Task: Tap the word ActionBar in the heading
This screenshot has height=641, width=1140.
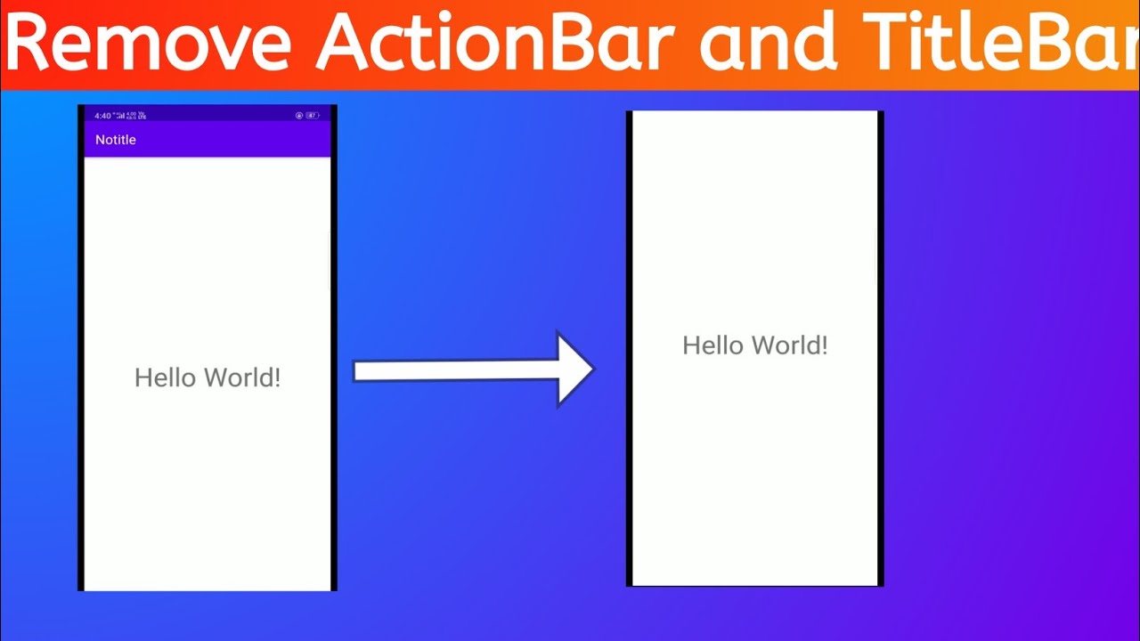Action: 489,42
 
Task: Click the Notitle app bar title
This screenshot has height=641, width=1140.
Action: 116,140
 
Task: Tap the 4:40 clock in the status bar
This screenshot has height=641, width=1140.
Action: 102,116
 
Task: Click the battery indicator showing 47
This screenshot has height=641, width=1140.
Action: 313,116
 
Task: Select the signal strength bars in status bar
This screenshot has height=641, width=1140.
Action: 120,115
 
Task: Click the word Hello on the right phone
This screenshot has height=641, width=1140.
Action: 712,345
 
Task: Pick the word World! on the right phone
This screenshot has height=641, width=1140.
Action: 788,345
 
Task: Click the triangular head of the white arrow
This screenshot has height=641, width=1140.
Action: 574,369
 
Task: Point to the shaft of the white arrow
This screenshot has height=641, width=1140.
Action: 454,370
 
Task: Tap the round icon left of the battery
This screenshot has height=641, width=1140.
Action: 299,116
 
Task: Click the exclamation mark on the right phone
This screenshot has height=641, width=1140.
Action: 824,345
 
